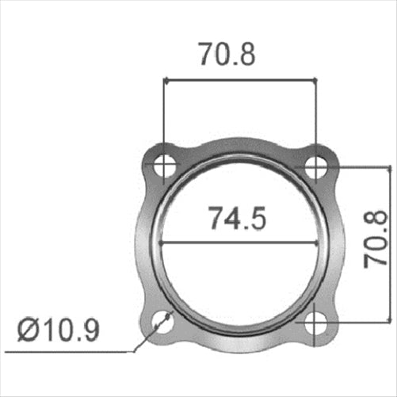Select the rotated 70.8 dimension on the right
tap(376, 239)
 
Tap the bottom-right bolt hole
tap(316, 322)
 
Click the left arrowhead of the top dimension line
tap(167, 79)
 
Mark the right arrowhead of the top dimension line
tap(312, 79)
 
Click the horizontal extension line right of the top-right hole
tap(345, 166)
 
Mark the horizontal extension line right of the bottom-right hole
tap(345, 322)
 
